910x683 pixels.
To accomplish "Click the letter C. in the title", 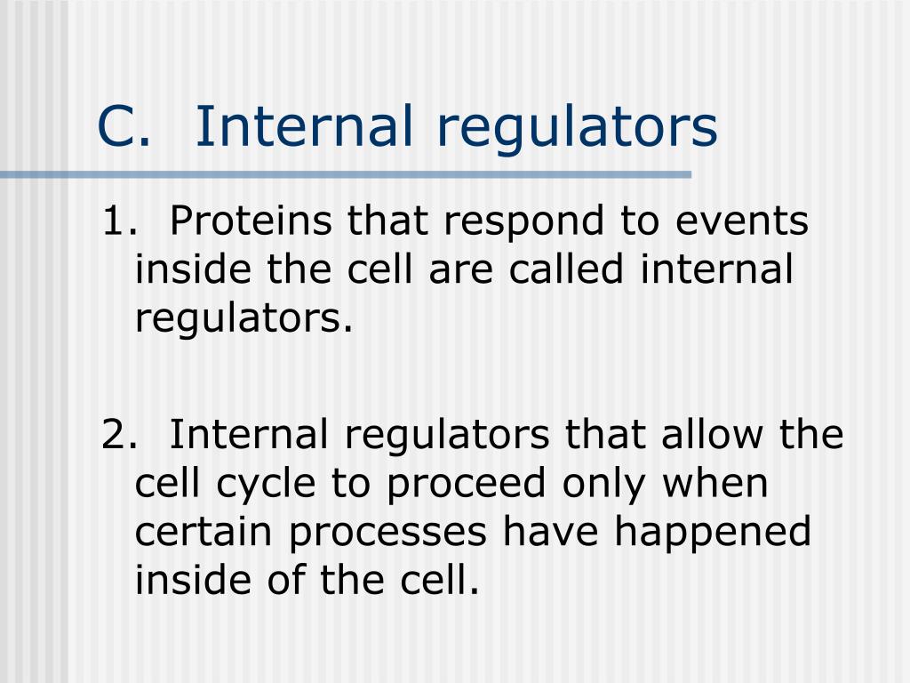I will pyautogui.click(x=124, y=125).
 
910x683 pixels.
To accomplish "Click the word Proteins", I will pyautogui.click(x=252, y=221).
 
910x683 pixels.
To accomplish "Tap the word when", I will pyautogui.click(x=715, y=483).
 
